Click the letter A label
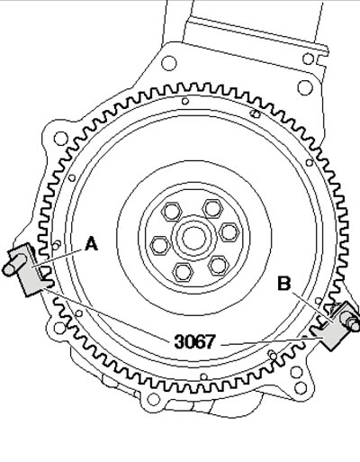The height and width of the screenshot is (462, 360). coord(92,243)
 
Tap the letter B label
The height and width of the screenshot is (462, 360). coord(284,284)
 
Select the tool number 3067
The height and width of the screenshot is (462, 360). coord(195,341)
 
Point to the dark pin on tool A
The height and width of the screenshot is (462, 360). coord(14,264)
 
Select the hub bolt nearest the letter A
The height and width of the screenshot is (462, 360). coord(160,245)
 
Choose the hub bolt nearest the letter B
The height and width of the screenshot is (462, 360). coord(219,266)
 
